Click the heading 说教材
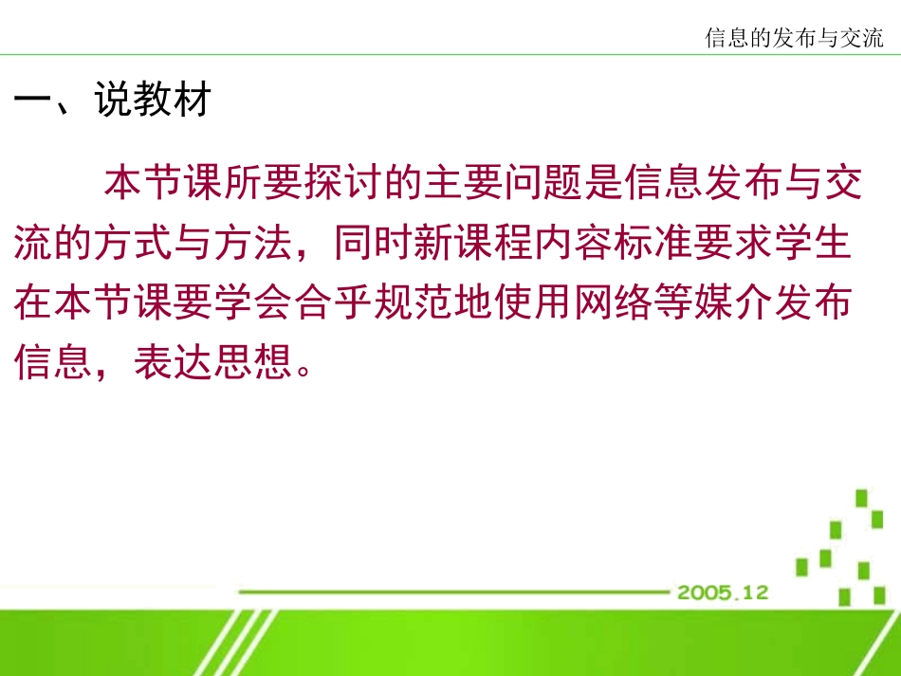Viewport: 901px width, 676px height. tap(152, 100)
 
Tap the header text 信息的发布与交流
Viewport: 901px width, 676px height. tap(794, 37)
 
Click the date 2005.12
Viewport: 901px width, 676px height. tap(722, 593)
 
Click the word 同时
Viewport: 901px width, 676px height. tap(374, 244)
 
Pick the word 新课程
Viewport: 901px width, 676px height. tap(473, 244)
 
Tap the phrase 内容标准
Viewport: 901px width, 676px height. tap(613, 244)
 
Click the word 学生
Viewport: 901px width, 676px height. tap(812, 244)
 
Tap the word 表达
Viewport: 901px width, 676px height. tap(175, 363)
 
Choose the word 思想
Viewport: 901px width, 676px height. tap(254, 363)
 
